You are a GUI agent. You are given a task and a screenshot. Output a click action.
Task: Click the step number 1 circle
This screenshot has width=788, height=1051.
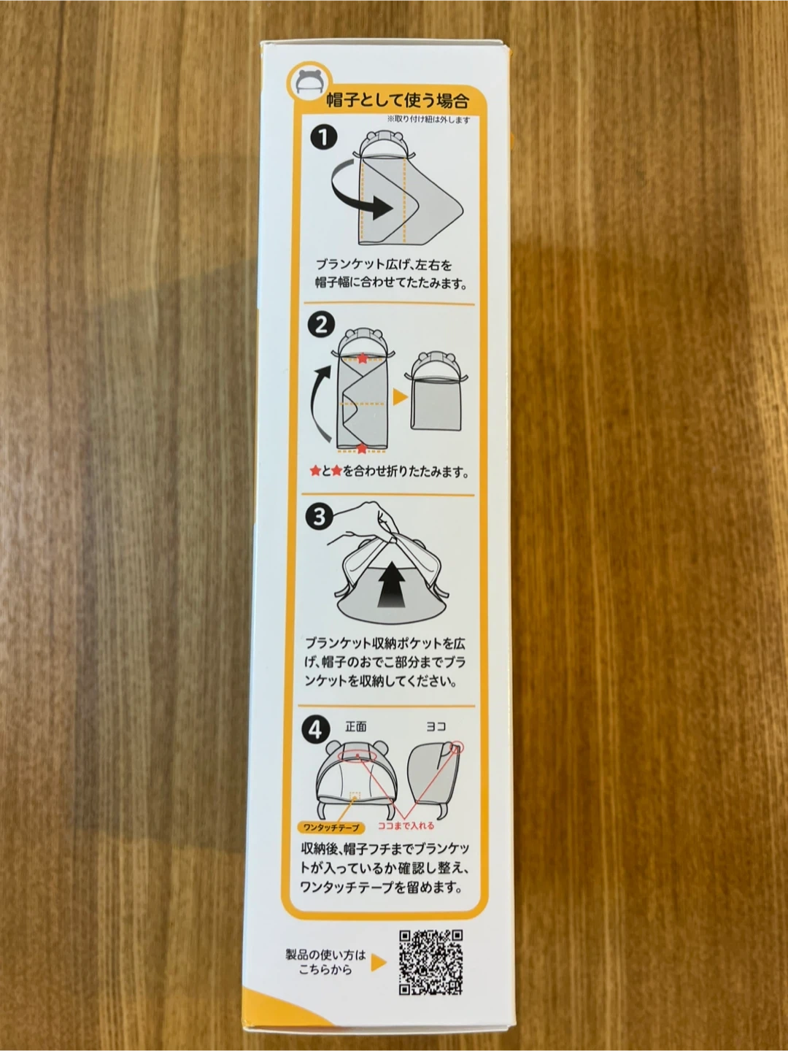[x=324, y=137]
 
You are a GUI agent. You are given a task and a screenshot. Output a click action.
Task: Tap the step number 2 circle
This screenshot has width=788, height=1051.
[x=321, y=325]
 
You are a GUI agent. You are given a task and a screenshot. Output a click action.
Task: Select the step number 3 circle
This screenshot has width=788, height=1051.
[x=319, y=517]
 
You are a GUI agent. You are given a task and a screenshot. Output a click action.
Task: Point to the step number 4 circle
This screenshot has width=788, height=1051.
[x=316, y=731]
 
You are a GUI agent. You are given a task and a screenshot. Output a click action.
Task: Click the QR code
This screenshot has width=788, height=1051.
[x=431, y=963]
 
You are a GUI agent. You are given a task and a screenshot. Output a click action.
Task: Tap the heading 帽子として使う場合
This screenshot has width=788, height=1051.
[x=397, y=101]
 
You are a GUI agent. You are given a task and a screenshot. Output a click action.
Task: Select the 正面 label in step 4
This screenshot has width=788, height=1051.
[x=356, y=727]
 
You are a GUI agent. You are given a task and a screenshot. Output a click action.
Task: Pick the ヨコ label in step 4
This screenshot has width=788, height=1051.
[x=436, y=727]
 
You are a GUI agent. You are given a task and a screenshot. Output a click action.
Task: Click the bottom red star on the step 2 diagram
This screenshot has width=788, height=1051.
[x=362, y=449]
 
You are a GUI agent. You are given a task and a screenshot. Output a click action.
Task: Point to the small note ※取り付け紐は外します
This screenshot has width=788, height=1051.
[x=429, y=120]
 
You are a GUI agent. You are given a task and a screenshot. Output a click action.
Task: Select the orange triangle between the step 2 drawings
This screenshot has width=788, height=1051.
[x=400, y=397]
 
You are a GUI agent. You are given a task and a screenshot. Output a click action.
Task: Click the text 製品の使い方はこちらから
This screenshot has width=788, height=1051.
[x=326, y=963]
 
